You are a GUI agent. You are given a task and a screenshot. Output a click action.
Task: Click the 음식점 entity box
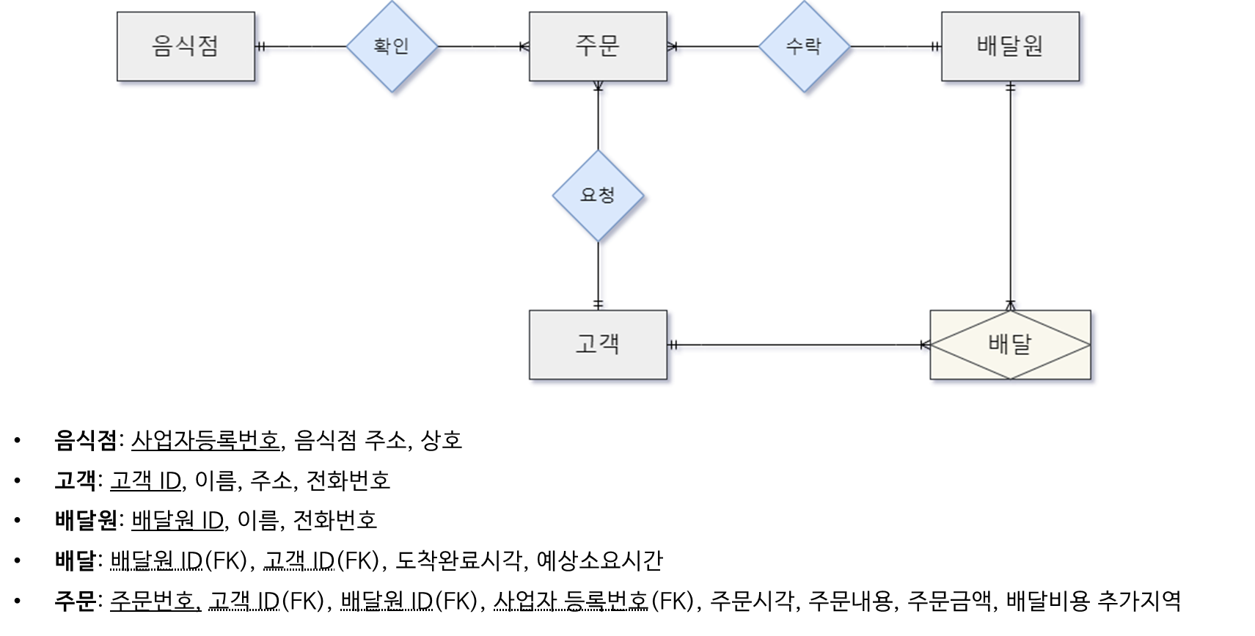[x=186, y=46]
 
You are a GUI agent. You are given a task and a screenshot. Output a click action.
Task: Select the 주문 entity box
[x=598, y=46]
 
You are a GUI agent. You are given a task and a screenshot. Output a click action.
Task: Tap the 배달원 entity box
[x=1010, y=46]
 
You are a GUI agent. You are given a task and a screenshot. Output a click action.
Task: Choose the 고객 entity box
[x=598, y=345]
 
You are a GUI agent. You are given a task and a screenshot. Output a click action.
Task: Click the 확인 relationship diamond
[x=392, y=46]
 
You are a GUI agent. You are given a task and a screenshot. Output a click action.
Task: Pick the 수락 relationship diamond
[x=804, y=46]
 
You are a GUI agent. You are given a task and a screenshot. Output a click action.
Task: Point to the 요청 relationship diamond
[x=598, y=195]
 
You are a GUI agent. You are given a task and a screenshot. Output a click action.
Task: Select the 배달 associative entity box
[x=1010, y=345]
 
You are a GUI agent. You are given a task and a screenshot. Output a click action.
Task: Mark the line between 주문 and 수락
[x=715, y=46]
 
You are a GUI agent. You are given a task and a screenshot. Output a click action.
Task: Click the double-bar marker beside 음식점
[x=261, y=46]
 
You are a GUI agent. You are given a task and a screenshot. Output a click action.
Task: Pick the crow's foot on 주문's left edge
[x=524, y=46]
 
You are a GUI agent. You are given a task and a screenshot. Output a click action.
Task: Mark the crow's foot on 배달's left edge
[x=925, y=345]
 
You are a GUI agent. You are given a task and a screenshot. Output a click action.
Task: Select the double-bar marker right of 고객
[x=673, y=345]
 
